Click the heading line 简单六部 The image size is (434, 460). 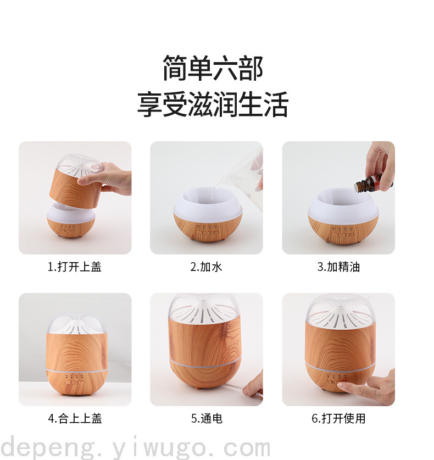[x=213, y=68]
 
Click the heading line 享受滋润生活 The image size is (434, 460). [x=213, y=104]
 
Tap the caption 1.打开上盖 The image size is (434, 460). [x=75, y=267]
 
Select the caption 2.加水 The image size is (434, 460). [x=206, y=267]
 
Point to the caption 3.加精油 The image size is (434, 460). [x=338, y=267]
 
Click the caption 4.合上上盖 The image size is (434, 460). [x=75, y=418]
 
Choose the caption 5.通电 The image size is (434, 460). [x=207, y=418]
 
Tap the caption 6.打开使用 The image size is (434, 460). [x=338, y=418]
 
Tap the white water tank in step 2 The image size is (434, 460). [x=208, y=203]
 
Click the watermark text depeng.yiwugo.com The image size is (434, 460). [x=135, y=448]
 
